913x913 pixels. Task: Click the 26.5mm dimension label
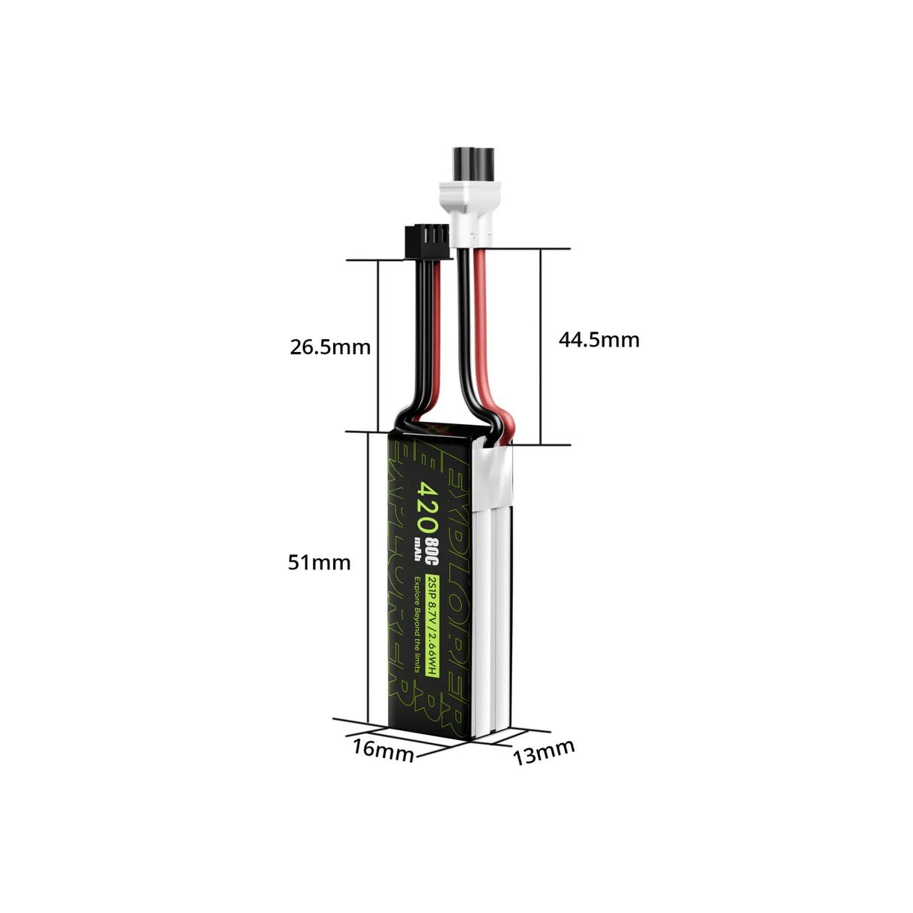330,347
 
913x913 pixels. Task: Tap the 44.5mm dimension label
599,340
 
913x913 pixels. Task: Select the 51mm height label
319,562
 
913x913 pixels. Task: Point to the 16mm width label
383,750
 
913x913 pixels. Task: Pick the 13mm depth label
544,751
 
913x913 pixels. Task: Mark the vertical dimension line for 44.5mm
540,346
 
